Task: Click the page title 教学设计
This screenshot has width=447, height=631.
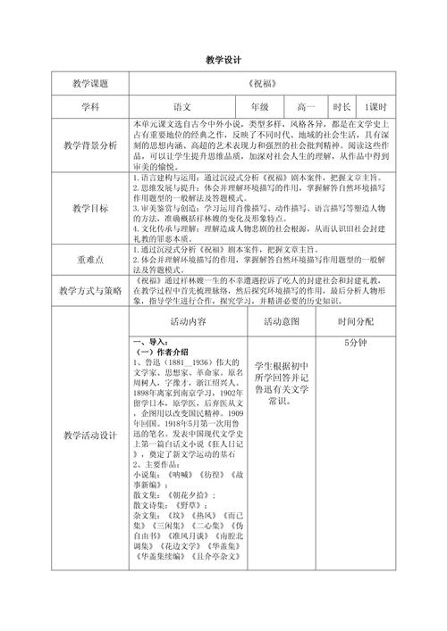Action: pyautogui.click(x=223, y=58)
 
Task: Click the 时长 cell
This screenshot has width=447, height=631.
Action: pyautogui.click(x=342, y=105)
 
